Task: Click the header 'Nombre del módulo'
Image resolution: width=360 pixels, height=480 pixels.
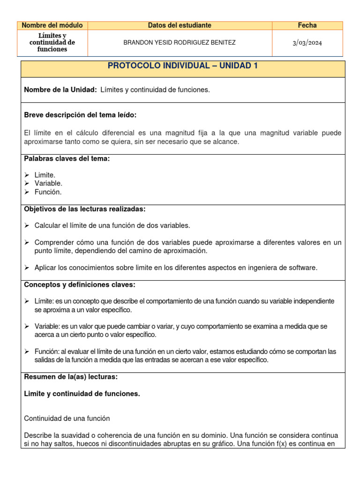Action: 52,25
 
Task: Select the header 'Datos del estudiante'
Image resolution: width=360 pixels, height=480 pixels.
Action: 180,25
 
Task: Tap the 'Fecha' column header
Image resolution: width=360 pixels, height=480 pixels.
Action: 307,25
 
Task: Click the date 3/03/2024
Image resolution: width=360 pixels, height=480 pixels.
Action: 307,43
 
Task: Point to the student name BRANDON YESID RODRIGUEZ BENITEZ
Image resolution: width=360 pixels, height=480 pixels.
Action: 180,43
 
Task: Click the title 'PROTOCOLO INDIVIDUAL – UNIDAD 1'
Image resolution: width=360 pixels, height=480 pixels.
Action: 183,66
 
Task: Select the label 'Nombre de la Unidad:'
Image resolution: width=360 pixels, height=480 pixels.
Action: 60,90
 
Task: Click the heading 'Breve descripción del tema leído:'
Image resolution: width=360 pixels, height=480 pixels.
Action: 80,115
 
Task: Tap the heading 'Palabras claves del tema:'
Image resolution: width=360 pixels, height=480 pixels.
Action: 67,158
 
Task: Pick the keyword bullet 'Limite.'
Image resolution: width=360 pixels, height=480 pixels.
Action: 45,175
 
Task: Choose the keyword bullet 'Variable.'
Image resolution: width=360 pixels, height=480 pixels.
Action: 48,183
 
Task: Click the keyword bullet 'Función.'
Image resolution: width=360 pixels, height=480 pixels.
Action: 48,192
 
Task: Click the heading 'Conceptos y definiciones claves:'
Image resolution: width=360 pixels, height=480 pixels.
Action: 79,285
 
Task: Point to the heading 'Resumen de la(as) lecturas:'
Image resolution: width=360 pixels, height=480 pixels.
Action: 71,376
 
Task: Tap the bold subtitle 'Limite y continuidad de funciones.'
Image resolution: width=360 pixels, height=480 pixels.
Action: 82,394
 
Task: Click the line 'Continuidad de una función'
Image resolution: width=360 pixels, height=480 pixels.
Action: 67,418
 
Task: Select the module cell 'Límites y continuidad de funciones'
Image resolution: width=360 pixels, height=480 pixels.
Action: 52,43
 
